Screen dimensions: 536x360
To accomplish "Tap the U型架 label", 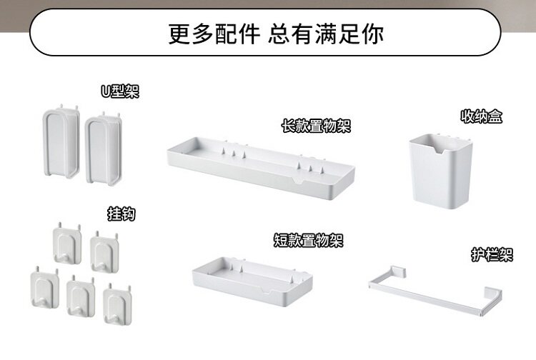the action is pyautogui.click(x=119, y=91).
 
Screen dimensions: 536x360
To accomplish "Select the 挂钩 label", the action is pyautogui.click(x=121, y=214).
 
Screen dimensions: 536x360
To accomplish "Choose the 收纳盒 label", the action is pyautogui.click(x=481, y=116).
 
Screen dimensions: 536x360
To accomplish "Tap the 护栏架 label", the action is pyautogui.click(x=492, y=254).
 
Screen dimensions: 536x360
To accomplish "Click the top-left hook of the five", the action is pyautogui.click(x=66, y=246).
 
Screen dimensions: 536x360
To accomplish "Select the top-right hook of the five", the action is pyautogui.click(x=105, y=252).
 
